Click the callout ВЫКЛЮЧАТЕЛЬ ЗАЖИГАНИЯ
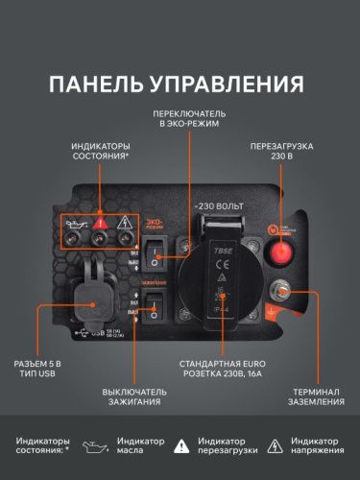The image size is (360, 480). tap(133, 396)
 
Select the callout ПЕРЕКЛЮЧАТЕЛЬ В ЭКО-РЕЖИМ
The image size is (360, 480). tap(190, 117)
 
